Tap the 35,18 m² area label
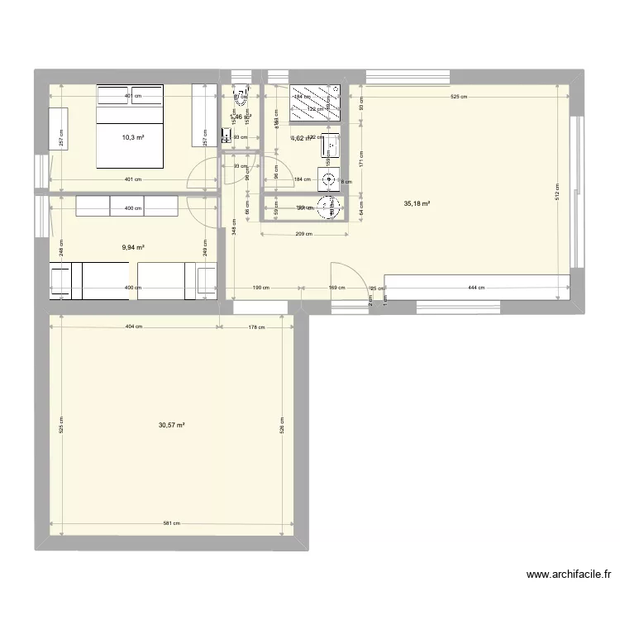coord(417,203)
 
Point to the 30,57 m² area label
coord(171,425)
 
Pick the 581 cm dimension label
coord(172,523)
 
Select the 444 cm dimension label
coord(475,288)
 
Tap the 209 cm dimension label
coord(305,234)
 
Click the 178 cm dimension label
coord(255,327)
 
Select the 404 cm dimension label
coord(134,327)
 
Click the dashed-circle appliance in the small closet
coord(329,207)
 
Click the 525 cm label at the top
coord(459,97)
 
